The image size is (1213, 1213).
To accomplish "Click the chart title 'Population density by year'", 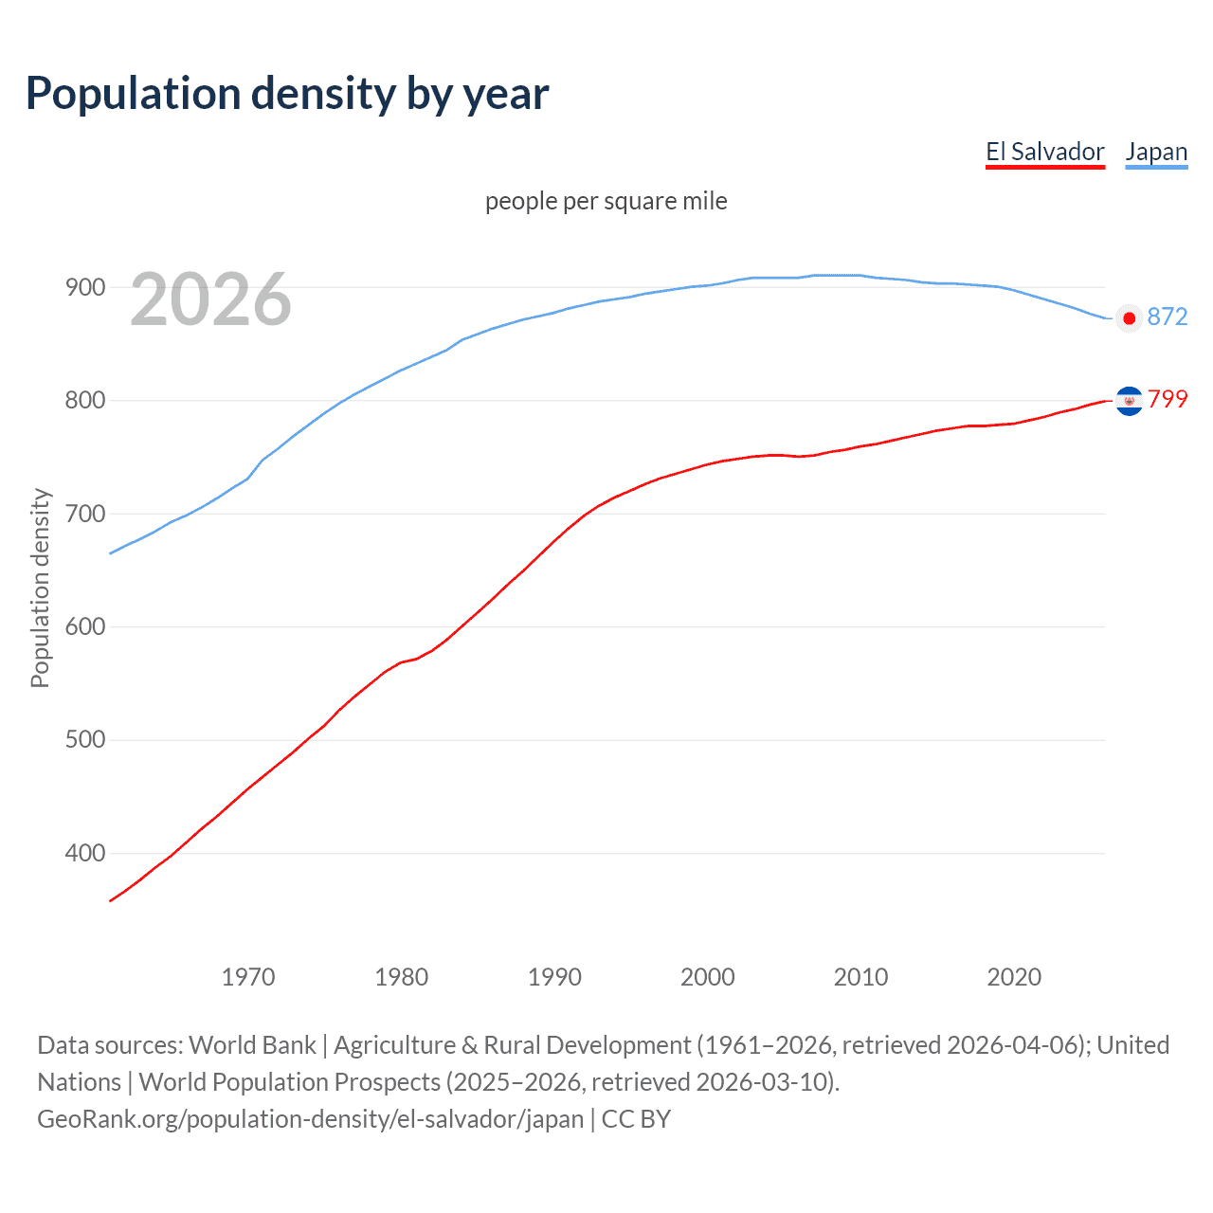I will (x=287, y=94).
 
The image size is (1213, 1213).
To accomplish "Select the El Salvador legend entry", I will (x=1044, y=152).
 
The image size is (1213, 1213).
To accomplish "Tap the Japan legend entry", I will (x=1156, y=152).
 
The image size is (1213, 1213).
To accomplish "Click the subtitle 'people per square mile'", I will (x=606, y=201).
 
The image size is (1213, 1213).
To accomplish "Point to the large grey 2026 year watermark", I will (x=210, y=299).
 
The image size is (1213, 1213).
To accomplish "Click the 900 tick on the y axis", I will (x=85, y=287).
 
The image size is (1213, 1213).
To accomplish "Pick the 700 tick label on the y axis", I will (x=85, y=514).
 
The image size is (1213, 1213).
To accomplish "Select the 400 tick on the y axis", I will (x=85, y=853).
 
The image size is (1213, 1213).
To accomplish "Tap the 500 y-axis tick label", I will (x=85, y=739).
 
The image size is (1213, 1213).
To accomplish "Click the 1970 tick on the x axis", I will (x=248, y=977).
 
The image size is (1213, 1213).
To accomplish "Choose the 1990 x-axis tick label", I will (x=554, y=977).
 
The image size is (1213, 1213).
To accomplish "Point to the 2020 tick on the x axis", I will (x=1014, y=977).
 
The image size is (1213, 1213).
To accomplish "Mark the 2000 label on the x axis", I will (x=708, y=977).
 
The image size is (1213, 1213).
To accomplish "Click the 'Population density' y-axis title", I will (x=40, y=588).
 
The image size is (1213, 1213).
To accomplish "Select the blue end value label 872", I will (x=1167, y=317).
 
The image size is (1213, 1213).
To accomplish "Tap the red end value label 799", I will (x=1167, y=399).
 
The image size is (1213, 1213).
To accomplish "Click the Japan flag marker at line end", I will (x=1129, y=318).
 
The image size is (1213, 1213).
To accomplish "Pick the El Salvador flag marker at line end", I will (x=1129, y=401).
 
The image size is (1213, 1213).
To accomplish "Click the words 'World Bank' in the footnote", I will (x=252, y=1044).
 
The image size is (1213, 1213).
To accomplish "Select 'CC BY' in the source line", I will (x=636, y=1118).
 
